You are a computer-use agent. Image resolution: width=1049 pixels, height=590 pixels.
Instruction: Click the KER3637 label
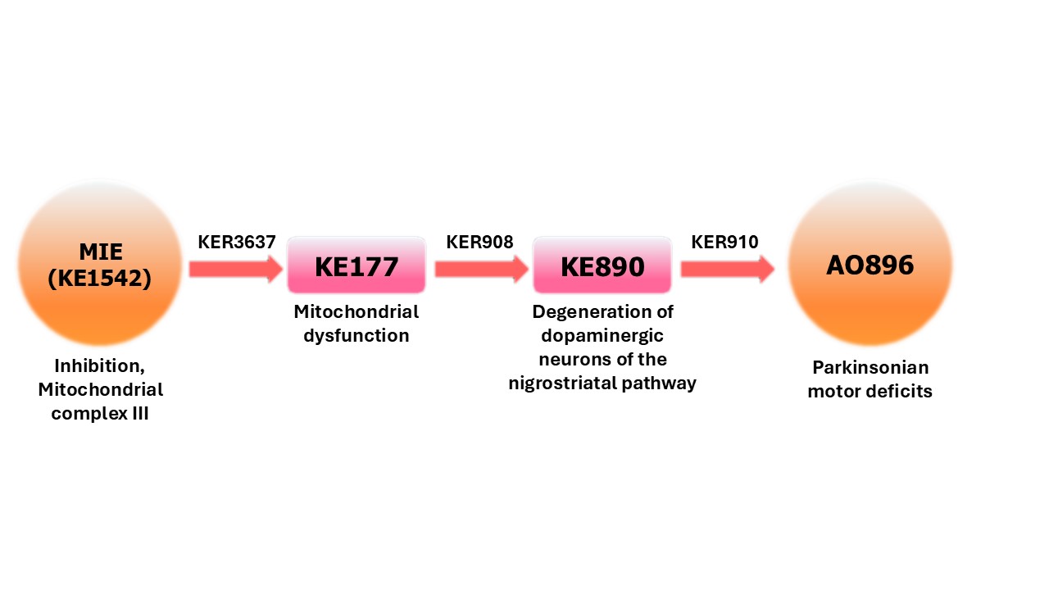click(x=237, y=242)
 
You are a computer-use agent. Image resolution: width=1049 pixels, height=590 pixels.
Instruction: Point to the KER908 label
click(x=479, y=242)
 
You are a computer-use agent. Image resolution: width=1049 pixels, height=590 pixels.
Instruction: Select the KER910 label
click(x=724, y=242)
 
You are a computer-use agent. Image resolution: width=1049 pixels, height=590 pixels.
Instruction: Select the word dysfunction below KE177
click(x=356, y=335)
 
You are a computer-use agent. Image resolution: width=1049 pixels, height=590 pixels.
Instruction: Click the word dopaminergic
click(x=602, y=335)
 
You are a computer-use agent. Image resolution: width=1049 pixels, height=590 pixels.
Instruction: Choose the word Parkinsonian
click(x=870, y=367)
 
